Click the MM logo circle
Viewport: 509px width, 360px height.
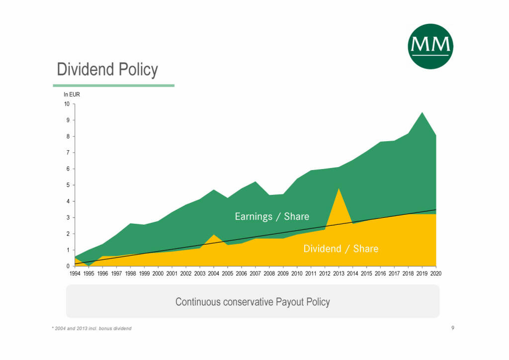[x=430, y=46]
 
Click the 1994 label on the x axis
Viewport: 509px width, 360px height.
[x=75, y=273]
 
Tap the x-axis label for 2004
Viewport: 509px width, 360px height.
[x=213, y=273]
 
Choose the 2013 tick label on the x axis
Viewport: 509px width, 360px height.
[x=339, y=273]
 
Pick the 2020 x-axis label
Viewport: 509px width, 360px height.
[x=435, y=273]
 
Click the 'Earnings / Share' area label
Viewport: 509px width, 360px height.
[x=272, y=216]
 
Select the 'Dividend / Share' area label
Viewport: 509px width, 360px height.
[x=340, y=249]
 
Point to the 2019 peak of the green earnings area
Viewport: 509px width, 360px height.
[x=422, y=114]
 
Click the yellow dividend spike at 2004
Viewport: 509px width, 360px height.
[x=213, y=236]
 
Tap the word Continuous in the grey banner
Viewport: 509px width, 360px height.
[x=198, y=302]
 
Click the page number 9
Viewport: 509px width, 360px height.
[x=453, y=328]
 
